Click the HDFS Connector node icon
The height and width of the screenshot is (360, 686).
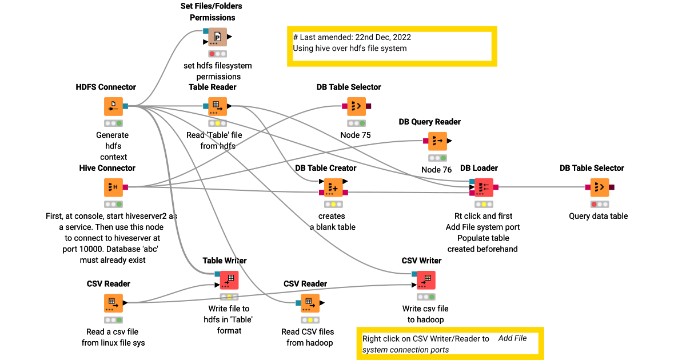pyautogui.click(x=113, y=106)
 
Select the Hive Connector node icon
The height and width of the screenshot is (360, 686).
pyautogui.click(x=113, y=187)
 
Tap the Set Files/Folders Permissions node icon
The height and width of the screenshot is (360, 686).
pyautogui.click(x=217, y=37)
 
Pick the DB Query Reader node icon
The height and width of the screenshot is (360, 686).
pyautogui.click(x=437, y=141)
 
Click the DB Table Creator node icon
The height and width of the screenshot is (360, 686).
pyautogui.click(x=333, y=187)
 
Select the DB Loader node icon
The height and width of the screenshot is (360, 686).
pyautogui.click(x=484, y=187)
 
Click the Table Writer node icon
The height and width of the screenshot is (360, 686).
pyautogui.click(x=229, y=280)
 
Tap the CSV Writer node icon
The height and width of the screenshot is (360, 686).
pyautogui.click(x=426, y=280)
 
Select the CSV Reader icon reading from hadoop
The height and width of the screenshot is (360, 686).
pyautogui.click(x=310, y=303)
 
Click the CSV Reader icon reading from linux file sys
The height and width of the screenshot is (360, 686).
pyautogui.click(x=113, y=303)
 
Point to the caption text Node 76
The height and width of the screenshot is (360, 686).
pyautogui.click(x=436, y=170)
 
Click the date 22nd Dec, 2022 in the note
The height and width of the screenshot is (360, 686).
pyautogui.click(x=378, y=37)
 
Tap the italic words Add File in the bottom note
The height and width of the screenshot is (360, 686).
pyautogui.click(x=512, y=338)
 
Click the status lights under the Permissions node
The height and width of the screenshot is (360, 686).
pyautogui.click(x=217, y=54)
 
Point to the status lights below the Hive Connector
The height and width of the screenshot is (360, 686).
pyautogui.click(x=113, y=204)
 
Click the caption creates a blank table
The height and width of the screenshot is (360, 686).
pyautogui.click(x=332, y=222)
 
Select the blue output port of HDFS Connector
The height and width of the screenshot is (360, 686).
pyautogui.click(x=125, y=106)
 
